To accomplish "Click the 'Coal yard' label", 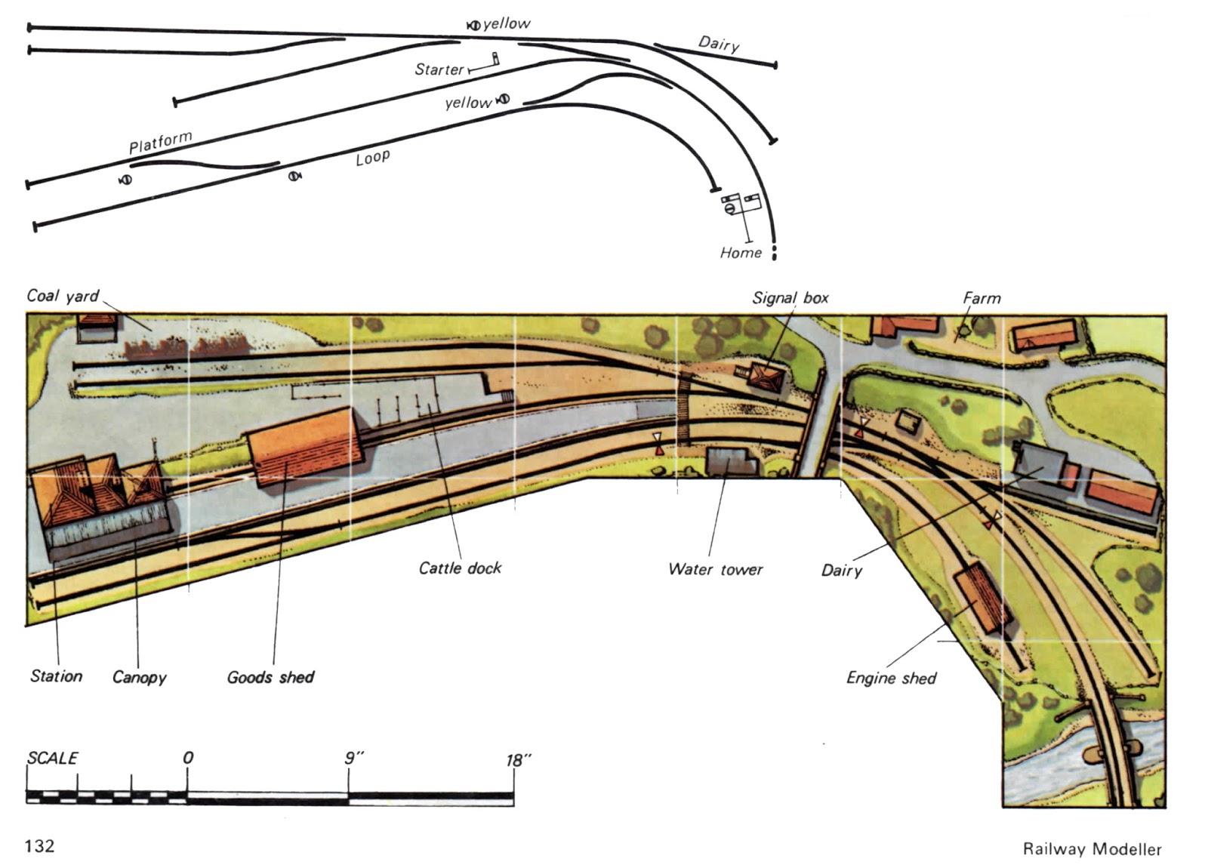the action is [63, 296].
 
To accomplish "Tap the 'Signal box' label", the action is [790, 298].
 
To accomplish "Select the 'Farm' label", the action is [981, 298].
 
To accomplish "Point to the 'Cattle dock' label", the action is [460, 568].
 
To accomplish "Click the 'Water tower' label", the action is [715, 569].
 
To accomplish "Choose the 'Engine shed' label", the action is [891, 678].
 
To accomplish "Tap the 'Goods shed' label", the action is [270, 677].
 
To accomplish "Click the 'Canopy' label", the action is [139, 677].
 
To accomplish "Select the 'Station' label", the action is [56, 676].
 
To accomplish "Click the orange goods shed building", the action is [304, 447].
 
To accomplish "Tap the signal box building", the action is [768, 375].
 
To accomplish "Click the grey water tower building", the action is [729, 460].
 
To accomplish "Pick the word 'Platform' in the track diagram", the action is [160, 143].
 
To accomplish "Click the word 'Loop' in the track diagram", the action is [373, 158].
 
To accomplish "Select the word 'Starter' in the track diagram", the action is [439, 69].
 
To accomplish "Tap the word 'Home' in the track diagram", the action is [741, 253].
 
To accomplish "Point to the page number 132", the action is [40, 846].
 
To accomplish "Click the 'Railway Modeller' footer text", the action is [1092, 849].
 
